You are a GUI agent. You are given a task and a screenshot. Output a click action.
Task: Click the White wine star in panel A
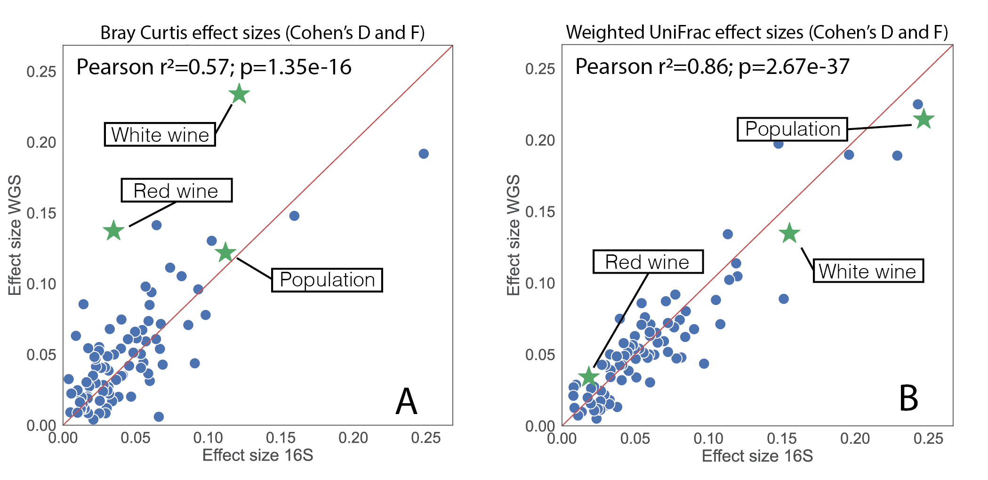(x=239, y=94)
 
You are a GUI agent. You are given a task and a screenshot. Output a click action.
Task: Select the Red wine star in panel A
(x=113, y=230)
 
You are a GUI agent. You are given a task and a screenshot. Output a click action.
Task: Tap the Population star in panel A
(x=225, y=252)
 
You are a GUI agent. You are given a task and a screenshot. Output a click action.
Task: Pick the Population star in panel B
(x=923, y=119)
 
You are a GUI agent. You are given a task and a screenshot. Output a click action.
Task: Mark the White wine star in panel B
(x=789, y=233)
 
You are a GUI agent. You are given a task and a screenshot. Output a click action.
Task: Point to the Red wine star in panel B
(x=588, y=376)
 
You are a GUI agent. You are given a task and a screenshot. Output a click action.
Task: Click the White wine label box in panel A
(x=160, y=135)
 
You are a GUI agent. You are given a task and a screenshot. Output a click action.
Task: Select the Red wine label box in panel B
(x=648, y=262)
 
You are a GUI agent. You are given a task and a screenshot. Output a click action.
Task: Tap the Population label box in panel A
(x=327, y=280)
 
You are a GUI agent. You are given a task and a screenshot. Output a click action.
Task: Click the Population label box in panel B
(x=792, y=129)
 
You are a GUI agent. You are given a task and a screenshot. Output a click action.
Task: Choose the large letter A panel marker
(x=406, y=402)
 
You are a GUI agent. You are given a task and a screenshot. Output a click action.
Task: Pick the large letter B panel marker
(x=908, y=399)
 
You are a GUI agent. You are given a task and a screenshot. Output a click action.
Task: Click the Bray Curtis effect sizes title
(x=262, y=33)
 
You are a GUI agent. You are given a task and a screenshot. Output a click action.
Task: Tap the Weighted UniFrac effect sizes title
(x=756, y=32)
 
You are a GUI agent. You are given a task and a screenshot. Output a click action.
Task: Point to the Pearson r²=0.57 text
(x=214, y=67)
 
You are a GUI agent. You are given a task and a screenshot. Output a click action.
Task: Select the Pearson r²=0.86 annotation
(x=712, y=66)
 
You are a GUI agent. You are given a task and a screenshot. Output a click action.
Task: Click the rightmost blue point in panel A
(x=424, y=154)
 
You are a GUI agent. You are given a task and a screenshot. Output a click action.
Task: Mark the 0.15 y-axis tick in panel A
(x=41, y=213)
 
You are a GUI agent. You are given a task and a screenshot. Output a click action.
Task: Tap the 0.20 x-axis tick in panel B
(x=855, y=439)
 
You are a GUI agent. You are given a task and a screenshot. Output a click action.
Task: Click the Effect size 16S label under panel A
(x=257, y=456)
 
